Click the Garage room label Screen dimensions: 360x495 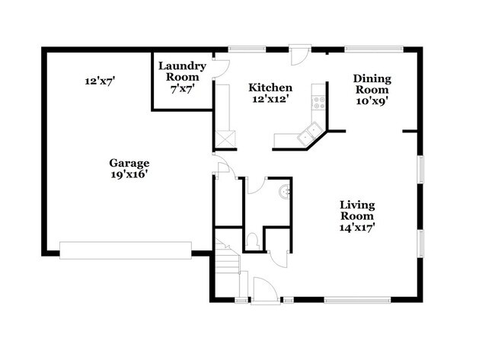click(129, 163)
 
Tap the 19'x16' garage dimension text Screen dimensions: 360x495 click(129, 174)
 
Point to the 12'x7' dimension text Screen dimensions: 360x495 click(100, 79)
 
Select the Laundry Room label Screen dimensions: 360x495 click(179, 72)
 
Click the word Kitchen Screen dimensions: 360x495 click(271, 88)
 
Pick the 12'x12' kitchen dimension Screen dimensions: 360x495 click(271, 99)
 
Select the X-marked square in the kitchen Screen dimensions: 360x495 click(226, 140)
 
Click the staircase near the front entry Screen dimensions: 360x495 click(227, 262)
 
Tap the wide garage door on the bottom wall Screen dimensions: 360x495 click(126, 250)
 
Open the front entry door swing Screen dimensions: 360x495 click(263, 291)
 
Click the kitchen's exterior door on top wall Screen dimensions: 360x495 click(300, 56)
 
